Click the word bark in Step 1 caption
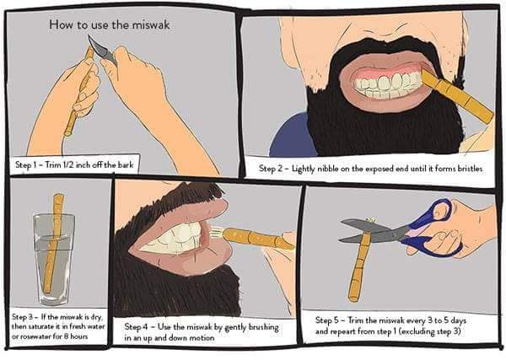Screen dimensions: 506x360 coord(126,165)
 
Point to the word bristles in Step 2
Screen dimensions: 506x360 coord(470,169)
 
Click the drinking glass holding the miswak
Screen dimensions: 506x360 coord(54,258)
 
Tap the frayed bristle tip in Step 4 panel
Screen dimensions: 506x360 coord(216,232)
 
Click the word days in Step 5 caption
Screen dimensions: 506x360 coord(458,321)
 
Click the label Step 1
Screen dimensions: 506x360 coord(24,165)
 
